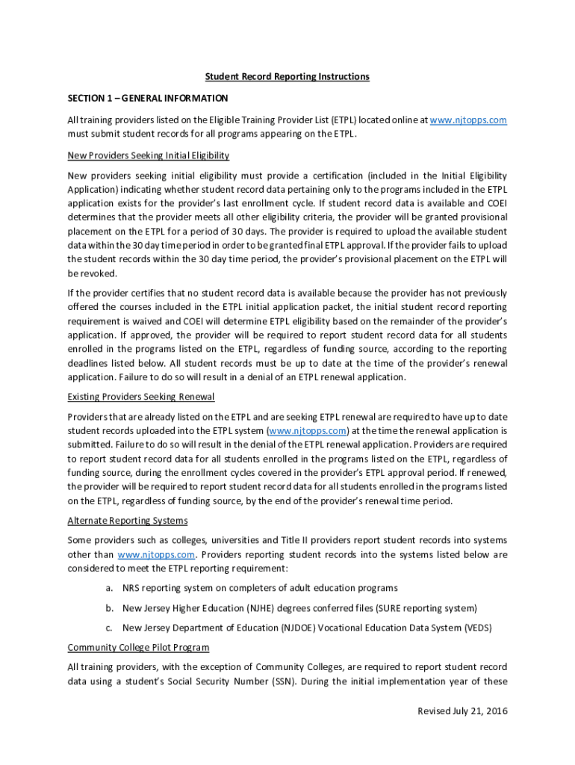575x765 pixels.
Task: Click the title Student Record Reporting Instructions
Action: pyautogui.click(x=287, y=76)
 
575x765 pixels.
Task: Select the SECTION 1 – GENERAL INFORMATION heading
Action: pyautogui.click(x=148, y=98)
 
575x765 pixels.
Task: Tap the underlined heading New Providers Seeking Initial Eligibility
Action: pyautogui.click(x=148, y=155)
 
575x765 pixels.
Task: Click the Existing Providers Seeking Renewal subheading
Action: pyautogui.click(x=141, y=396)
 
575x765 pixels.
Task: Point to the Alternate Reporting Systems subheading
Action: pyautogui.click(x=128, y=521)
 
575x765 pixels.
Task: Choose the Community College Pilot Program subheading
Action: pyautogui.click(x=138, y=647)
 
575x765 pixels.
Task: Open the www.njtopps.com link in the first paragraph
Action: pyautogui.click(x=469, y=120)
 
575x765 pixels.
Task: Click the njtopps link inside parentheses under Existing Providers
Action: pyautogui.click(x=308, y=431)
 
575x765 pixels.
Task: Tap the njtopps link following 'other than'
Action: pyautogui.click(x=156, y=554)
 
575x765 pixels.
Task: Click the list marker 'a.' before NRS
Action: pyautogui.click(x=109, y=589)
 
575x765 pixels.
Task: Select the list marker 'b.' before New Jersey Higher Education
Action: pyautogui.click(x=109, y=608)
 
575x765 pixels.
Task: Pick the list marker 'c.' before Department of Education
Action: pyautogui.click(x=109, y=628)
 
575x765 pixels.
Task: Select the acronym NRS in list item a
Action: pyautogui.click(x=131, y=589)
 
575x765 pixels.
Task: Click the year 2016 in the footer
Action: pyautogui.click(x=494, y=710)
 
